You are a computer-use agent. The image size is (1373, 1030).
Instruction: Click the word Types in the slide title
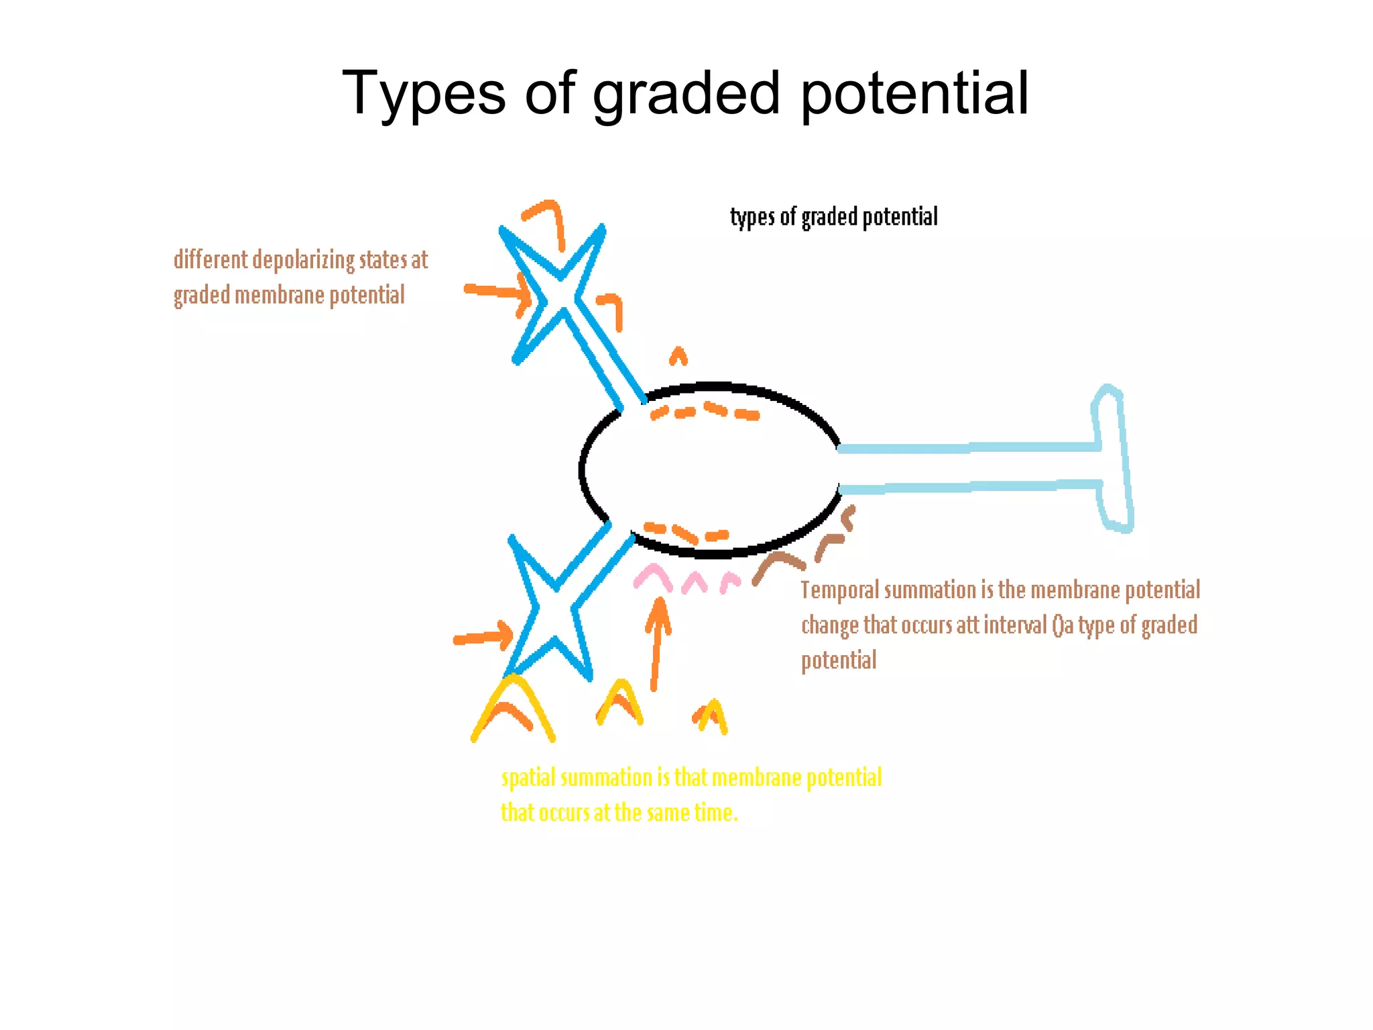click(x=424, y=94)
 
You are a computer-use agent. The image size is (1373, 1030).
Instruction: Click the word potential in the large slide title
click(x=914, y=94)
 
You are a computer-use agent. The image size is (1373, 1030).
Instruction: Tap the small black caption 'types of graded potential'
click(x=833, y=217)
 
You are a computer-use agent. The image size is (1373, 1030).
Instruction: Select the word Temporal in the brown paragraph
click(x=840, y=590)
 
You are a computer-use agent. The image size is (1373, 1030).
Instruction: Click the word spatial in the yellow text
click(x=528, y=778)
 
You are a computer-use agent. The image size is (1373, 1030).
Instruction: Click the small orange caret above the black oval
click(x=678, y=355)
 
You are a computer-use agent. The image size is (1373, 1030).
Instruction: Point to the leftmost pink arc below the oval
click(x=652, y=577)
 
